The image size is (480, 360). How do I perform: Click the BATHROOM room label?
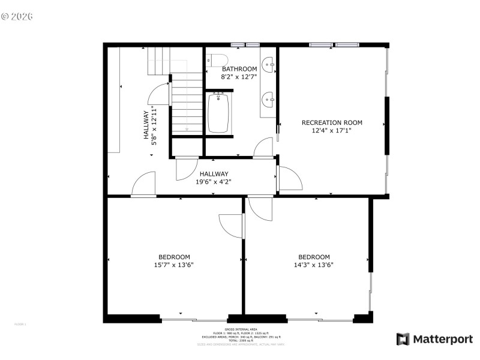(239, 69)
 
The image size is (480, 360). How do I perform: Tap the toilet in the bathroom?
(216, 60)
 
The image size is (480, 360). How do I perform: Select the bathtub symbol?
(219, 113)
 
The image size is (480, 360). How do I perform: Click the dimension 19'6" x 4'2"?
(214, 182)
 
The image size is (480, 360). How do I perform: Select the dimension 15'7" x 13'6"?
(174, 265)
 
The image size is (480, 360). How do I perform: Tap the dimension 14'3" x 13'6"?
(314, 265)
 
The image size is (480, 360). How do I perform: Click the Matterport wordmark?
(442, 339)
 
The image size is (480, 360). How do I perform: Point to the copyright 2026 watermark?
(17, 16)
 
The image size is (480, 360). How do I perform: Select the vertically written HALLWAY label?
(146, 125)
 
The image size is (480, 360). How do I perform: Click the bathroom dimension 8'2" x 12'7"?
(239, 77)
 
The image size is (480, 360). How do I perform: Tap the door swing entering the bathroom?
(262, 148)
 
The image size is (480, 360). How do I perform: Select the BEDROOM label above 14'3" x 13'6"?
(314, 257)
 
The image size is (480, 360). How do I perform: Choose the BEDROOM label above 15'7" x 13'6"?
(174, 257)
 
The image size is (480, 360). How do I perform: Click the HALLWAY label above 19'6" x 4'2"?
(214, 174)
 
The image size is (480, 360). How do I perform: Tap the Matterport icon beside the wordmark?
(402, 339)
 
